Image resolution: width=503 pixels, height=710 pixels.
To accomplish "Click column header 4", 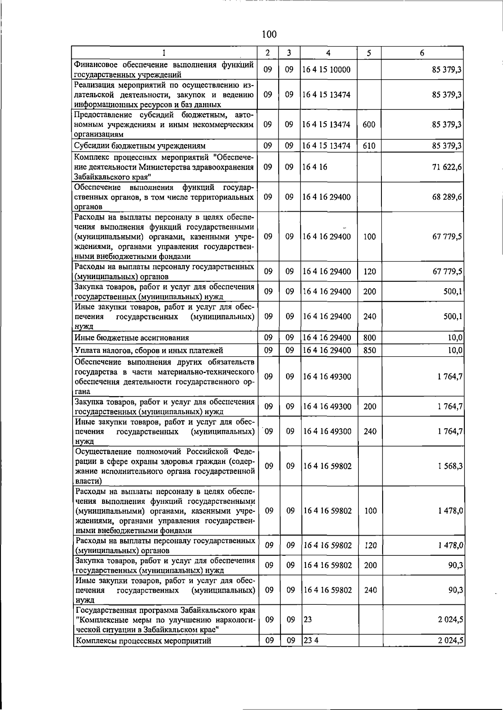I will pyautogui.click(x=328, y=53).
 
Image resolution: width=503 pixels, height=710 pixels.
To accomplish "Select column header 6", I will pyautogui.click(x=422, y=53).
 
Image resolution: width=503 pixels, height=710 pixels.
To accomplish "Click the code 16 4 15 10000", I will pyautogui.click(x=327, y=70).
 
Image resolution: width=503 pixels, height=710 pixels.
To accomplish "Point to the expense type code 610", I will pyautogui.click(x=369, y=146).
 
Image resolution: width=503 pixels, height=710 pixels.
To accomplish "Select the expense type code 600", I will pyautogui.click(x=369, y=124).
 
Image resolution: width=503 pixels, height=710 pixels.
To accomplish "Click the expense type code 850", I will pyautogui.click(x=370, y=350).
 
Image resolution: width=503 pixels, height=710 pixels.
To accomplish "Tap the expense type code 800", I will pyautogui.click(x=370, y=338).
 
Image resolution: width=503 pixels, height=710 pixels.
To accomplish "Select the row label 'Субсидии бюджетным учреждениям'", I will pyautogui.click(x=140, y=146).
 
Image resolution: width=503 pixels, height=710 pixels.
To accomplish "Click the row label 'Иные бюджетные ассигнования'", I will pyautogui.click(x=132, y=338).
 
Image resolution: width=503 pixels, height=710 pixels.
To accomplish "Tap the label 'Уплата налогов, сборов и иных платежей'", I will pyautogui.click(x=149, y=350).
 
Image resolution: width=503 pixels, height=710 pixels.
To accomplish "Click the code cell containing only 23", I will pyautogui.click(x=308, y=619).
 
